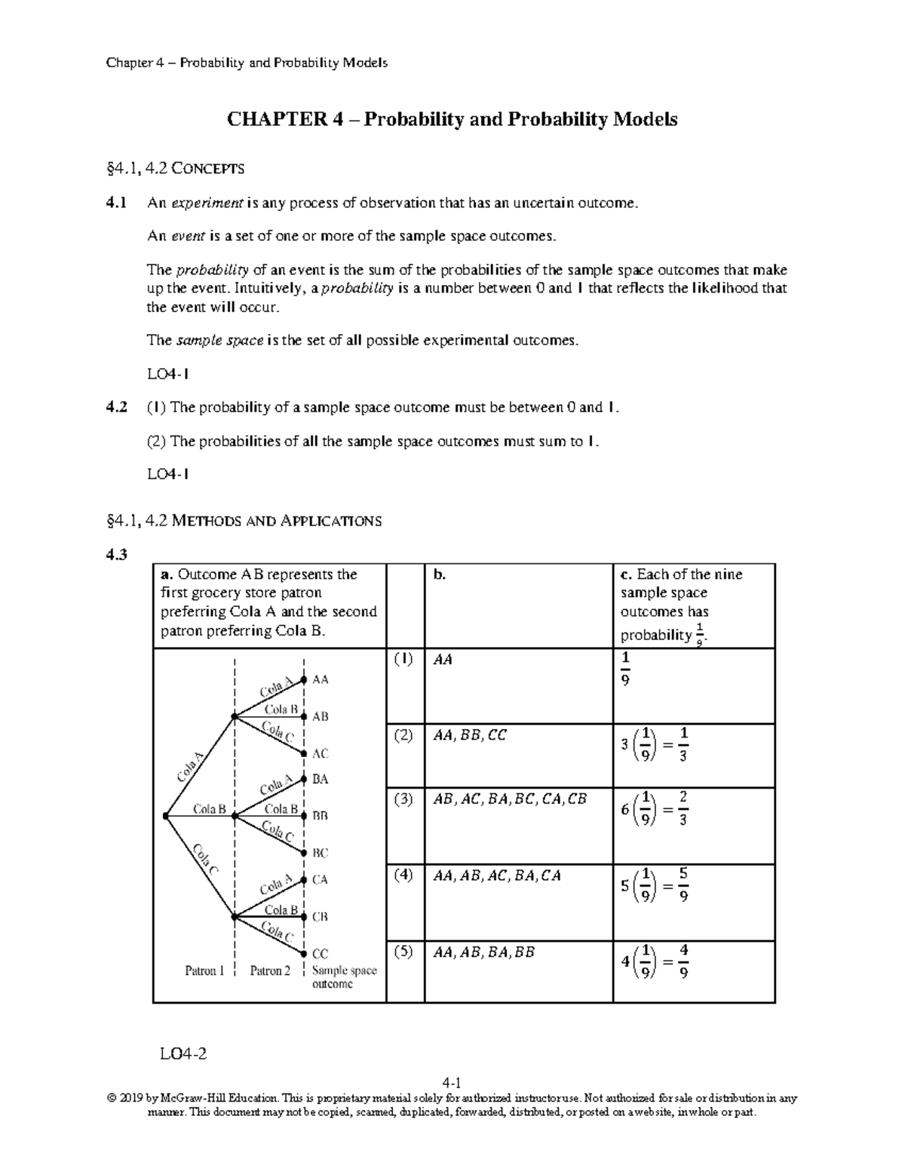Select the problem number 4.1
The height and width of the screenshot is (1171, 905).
(x=117, y=203)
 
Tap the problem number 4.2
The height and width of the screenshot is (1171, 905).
(x=117, y=407)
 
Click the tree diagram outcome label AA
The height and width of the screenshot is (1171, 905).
(x=321, y=679)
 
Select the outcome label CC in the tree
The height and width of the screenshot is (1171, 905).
(x=321, y=954)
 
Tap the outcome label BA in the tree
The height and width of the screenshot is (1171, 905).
(x=321, y=779)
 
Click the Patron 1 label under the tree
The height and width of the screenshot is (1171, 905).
(x=204, y=971)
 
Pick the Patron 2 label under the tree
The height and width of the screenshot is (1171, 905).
(x=270, y=971)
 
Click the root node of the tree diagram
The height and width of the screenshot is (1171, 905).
(x=166, y=815)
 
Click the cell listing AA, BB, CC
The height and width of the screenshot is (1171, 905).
(x=469, y=734)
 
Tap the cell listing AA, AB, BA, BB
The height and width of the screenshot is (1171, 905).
(x=483, y=952)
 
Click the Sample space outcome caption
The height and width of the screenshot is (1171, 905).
(x=344, y=977)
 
